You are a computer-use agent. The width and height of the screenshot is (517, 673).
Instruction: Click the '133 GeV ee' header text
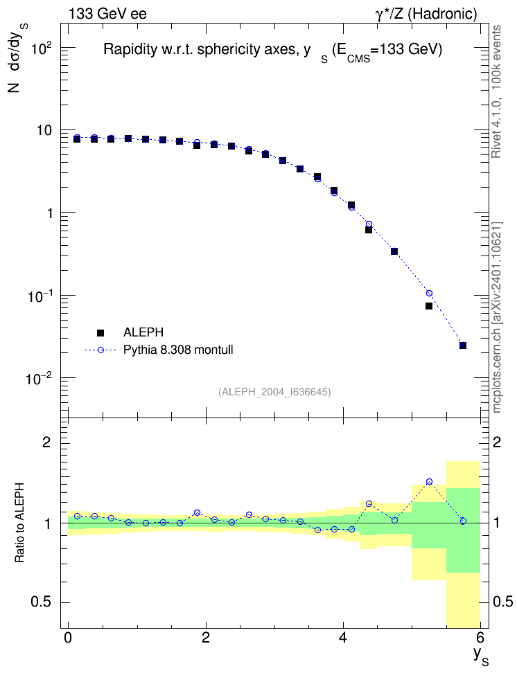(107, 14)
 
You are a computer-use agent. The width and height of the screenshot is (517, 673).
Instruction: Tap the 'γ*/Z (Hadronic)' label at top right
(426, 14)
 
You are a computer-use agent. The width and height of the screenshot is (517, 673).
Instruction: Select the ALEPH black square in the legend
(100, 332)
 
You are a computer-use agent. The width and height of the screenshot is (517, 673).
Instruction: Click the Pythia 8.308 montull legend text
(178, 350)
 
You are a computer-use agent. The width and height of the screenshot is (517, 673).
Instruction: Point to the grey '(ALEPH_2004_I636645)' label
(274, 392)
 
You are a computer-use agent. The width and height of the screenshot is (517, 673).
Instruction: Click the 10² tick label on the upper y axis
(41, 48)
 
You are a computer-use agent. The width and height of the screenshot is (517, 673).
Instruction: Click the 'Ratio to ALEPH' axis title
(19, 523)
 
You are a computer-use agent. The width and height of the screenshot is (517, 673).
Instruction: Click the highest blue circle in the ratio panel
(429, 482)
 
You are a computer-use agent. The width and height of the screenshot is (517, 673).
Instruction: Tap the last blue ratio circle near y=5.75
(463, 521)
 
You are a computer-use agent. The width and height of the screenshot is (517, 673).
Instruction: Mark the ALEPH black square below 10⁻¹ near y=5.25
(429, 306)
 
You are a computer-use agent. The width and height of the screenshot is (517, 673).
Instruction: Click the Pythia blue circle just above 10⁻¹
(429, 293)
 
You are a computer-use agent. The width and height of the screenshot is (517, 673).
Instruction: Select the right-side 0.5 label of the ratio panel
(503, 602)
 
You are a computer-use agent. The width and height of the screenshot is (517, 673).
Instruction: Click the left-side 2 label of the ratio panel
(46, 442)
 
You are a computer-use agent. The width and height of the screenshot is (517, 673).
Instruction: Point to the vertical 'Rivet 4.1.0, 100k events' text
(496, 91)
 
